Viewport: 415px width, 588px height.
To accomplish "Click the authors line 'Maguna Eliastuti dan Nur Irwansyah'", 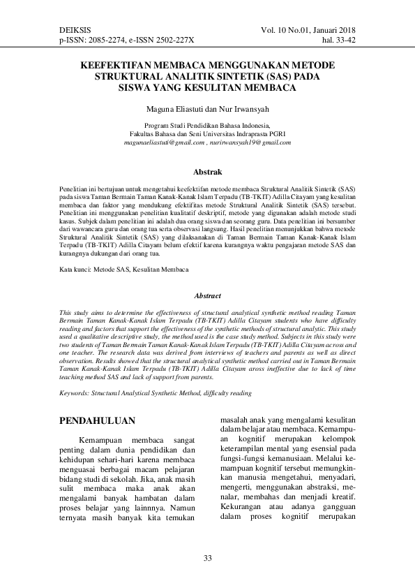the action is click(x=207, y=109).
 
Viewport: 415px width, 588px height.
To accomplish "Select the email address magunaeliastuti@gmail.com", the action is click(x=165, y=142).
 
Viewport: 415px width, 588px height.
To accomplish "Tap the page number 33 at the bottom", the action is click(x=207, y=557).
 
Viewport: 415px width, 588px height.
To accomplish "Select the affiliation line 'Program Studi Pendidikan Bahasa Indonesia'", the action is click(x=207, y=125).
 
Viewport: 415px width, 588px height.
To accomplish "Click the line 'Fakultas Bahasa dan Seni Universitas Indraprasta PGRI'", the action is click(x=207, y=133).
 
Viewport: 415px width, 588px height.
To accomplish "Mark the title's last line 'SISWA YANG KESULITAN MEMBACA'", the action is click(x=207, y=88).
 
